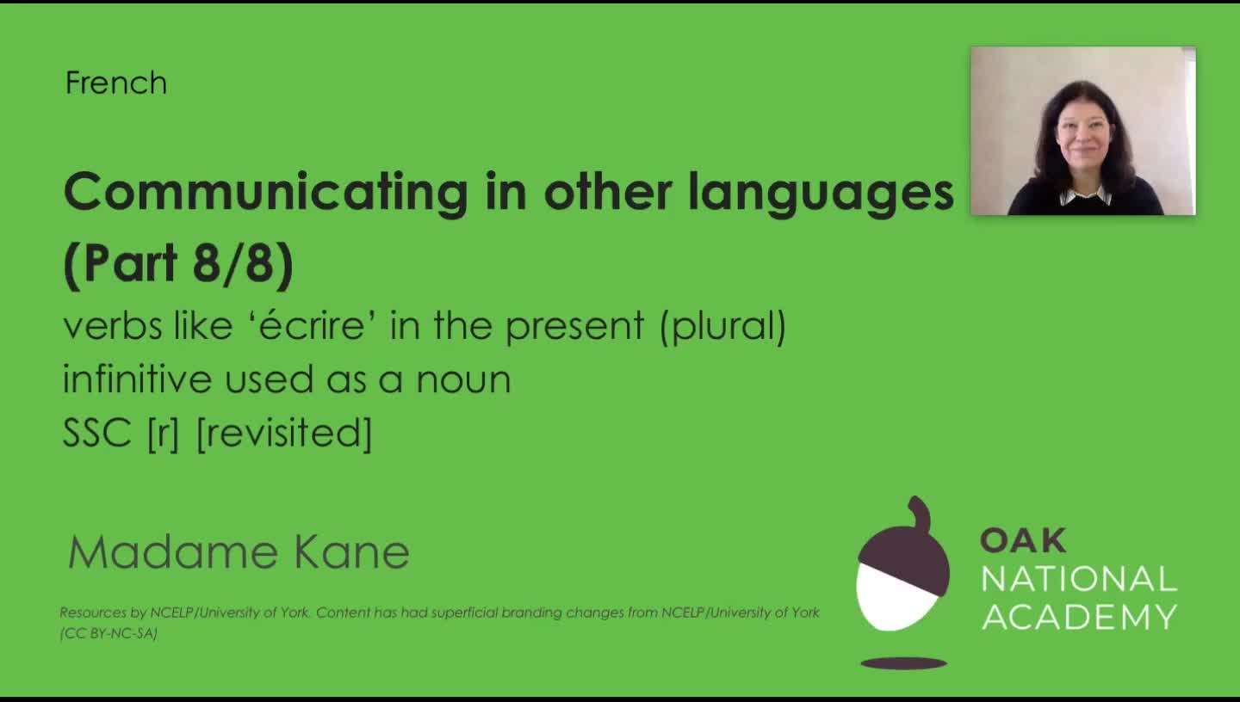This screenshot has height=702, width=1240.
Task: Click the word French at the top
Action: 115,83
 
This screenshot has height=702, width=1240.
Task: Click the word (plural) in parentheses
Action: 722,326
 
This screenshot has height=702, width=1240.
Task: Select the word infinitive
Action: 137,379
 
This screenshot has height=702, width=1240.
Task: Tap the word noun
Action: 463,379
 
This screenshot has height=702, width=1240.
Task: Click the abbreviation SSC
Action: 96,432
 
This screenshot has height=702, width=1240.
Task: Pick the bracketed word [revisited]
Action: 284,432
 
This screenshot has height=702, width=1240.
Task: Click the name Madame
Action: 173,552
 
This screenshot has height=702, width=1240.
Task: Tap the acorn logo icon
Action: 902,573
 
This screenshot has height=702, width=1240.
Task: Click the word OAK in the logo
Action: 1023,540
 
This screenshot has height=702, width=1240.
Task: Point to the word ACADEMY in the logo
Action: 1079,617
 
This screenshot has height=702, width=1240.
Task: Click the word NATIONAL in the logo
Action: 1079,579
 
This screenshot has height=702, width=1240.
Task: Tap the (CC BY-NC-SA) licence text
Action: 108,633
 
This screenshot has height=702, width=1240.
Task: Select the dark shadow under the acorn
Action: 903,663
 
